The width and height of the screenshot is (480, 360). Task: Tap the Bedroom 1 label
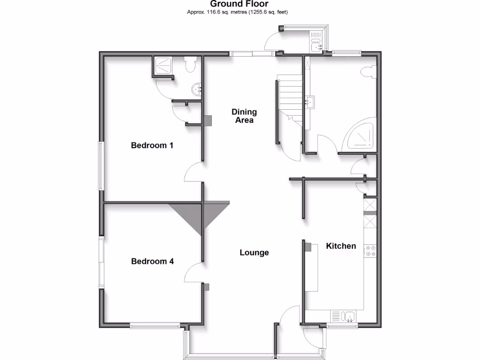coord(152,145)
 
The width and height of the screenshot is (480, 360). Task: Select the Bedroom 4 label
coord(152,262)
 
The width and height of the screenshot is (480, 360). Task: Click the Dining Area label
coord(244,116)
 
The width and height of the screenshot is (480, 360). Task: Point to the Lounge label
coord(254,253)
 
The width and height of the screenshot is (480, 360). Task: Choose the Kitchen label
coord(341,246)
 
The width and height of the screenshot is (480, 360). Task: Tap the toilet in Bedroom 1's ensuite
coord(190,65)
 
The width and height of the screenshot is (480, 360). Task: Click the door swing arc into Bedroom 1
coord(193,172)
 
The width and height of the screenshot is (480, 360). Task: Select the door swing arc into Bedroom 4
coord(193,272)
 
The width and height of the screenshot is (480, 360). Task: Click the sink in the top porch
coord(317,45)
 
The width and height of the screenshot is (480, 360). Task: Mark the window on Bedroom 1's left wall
coord(100,166)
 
